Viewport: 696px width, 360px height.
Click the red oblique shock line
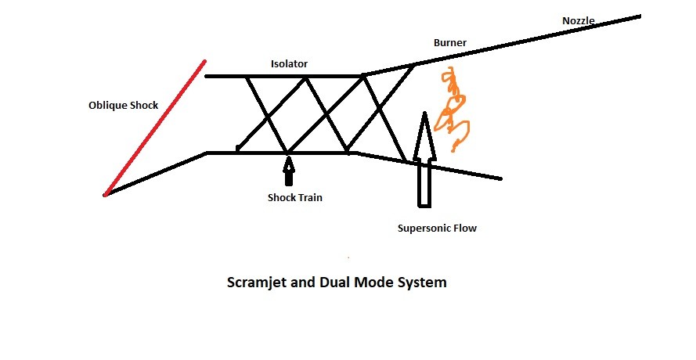(154, 127)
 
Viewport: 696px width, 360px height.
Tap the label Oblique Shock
(123, 105)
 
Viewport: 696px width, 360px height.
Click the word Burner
(451, 43)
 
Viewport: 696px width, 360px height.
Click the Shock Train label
(294, 197)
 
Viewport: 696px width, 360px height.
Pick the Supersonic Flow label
(438, 229)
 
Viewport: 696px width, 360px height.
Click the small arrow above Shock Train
(289, 170)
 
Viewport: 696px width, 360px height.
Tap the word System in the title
(422, 283)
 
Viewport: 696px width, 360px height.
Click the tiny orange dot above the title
(348, 257)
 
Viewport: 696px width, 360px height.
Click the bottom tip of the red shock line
(104, 194)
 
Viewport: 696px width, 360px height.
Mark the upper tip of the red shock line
(204, 60)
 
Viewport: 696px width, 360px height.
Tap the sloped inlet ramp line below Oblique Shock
(157, 173)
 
